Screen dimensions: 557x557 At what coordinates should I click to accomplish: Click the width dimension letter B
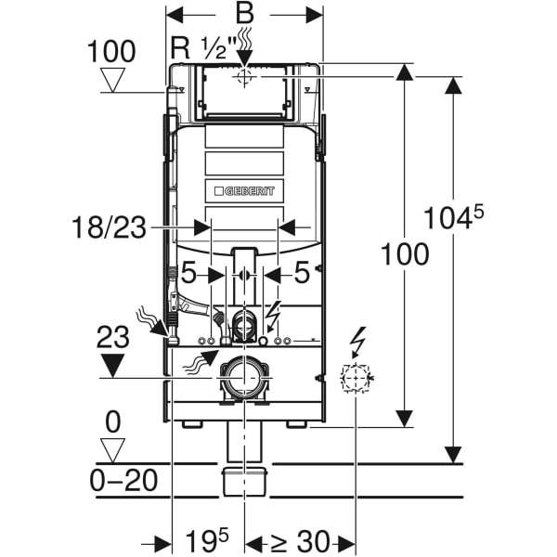[244, 14]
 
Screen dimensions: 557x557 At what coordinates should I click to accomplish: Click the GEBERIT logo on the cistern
[245, 190]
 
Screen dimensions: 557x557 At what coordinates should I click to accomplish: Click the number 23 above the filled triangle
[112, 336]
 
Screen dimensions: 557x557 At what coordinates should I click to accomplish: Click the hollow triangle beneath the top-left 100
[113, 82]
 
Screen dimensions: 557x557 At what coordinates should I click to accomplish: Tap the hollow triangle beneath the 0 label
[112, 451]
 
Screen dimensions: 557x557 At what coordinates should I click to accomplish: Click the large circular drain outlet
[244, 378]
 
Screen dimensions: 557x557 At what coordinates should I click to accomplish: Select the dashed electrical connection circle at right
[356, 378]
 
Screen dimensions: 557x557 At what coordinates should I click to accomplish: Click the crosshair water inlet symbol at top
[244, 77]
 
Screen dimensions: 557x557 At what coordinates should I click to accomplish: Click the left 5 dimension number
[188, 275]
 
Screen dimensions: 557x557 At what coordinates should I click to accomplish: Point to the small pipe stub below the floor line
[244, 482]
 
